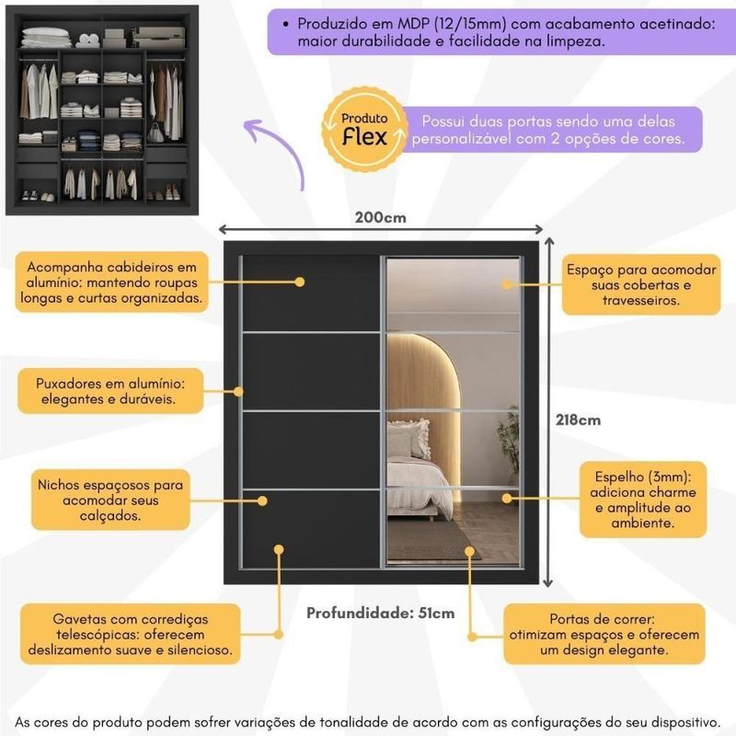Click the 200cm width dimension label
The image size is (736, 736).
click(x=380, y=219)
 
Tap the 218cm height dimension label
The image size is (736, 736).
click(x=579, y=420)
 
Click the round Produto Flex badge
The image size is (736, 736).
click(x=365, y=132)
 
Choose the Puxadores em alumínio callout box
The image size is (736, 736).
click(x=111, y=391)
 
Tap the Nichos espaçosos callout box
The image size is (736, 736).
click(x=111, y=500)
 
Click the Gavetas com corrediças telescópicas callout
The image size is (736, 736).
click(x=131, y=633)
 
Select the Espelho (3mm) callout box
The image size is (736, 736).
click(x=638, y=500)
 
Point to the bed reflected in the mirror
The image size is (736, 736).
click(x=419, y=474)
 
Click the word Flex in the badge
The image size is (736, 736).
click(x=364, y=138)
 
